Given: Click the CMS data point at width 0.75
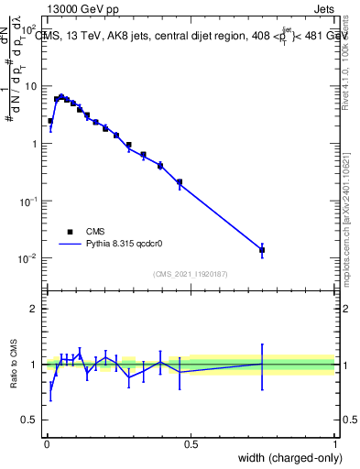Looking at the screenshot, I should [262, 249].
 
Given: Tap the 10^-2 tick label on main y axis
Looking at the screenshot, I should [27, 258].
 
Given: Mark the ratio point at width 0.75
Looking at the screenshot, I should [262, 365].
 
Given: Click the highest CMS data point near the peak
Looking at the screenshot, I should [60, 96].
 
